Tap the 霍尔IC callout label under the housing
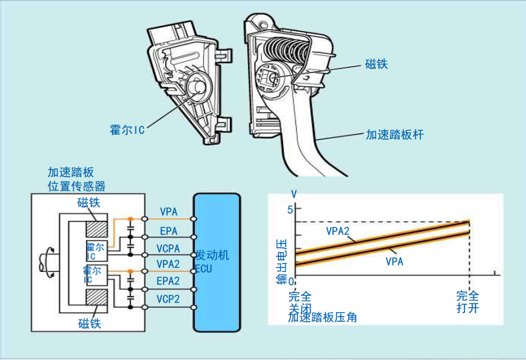pos(126,129)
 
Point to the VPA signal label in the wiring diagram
pos(169,211)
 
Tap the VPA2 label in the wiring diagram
pos(169,264)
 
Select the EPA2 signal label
pos(169,282)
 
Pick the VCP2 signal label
pos(169,299)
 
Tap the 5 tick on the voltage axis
pos(290,209)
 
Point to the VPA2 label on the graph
pos(338,231)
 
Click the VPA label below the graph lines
pos(394,262)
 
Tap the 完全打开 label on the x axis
pos(468,301)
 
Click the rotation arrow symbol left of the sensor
pos(46,262)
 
